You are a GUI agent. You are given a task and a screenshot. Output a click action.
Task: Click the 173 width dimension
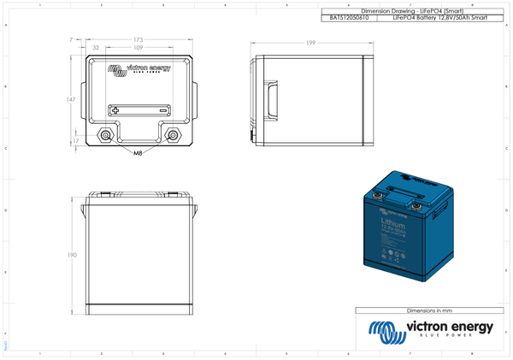138,40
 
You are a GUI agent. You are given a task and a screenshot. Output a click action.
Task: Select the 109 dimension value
138,48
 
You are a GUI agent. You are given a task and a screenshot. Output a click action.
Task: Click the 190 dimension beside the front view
72,256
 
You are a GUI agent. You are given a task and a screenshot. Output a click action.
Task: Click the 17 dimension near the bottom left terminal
76,141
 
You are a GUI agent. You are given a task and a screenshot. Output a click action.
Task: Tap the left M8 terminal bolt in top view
106,135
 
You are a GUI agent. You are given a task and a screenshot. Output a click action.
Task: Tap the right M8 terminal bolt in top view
174,135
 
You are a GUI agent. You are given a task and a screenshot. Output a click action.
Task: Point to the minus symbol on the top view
160,109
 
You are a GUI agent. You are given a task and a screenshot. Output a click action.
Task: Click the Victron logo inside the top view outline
139,69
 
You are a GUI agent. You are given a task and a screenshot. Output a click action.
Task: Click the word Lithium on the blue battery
393,222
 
